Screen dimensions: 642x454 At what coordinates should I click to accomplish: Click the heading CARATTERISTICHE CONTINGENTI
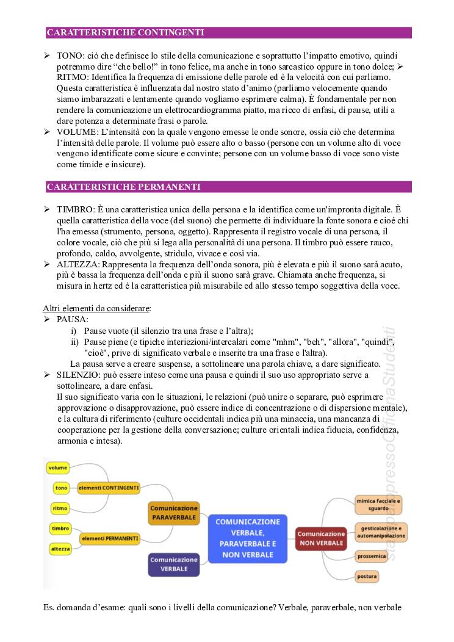125,32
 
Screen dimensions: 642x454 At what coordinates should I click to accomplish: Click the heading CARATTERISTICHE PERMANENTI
123,187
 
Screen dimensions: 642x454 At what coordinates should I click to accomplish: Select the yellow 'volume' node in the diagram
58,468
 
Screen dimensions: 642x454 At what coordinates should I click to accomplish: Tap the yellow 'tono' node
61,488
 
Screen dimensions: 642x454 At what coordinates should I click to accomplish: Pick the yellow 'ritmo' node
60,508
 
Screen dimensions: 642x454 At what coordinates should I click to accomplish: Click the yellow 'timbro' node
60,528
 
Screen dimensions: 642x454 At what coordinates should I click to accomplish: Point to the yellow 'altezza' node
60,549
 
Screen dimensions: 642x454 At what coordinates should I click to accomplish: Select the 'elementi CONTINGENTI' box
110,488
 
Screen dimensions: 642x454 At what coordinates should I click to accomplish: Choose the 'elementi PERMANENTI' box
110,539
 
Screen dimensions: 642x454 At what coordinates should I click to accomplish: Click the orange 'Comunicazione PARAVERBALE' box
174,513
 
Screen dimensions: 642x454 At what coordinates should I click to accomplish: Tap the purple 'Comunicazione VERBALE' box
174,564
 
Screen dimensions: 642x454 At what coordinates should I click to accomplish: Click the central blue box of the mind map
248,538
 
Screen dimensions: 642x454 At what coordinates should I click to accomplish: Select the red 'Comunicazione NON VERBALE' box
321,538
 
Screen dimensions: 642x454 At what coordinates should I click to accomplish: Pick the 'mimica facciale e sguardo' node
382,504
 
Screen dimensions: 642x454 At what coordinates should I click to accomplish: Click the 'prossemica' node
372,556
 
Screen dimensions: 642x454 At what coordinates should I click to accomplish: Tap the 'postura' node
368,575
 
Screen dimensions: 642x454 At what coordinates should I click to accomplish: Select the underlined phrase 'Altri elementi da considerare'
96,308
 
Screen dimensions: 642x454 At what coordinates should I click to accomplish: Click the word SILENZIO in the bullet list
77,375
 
